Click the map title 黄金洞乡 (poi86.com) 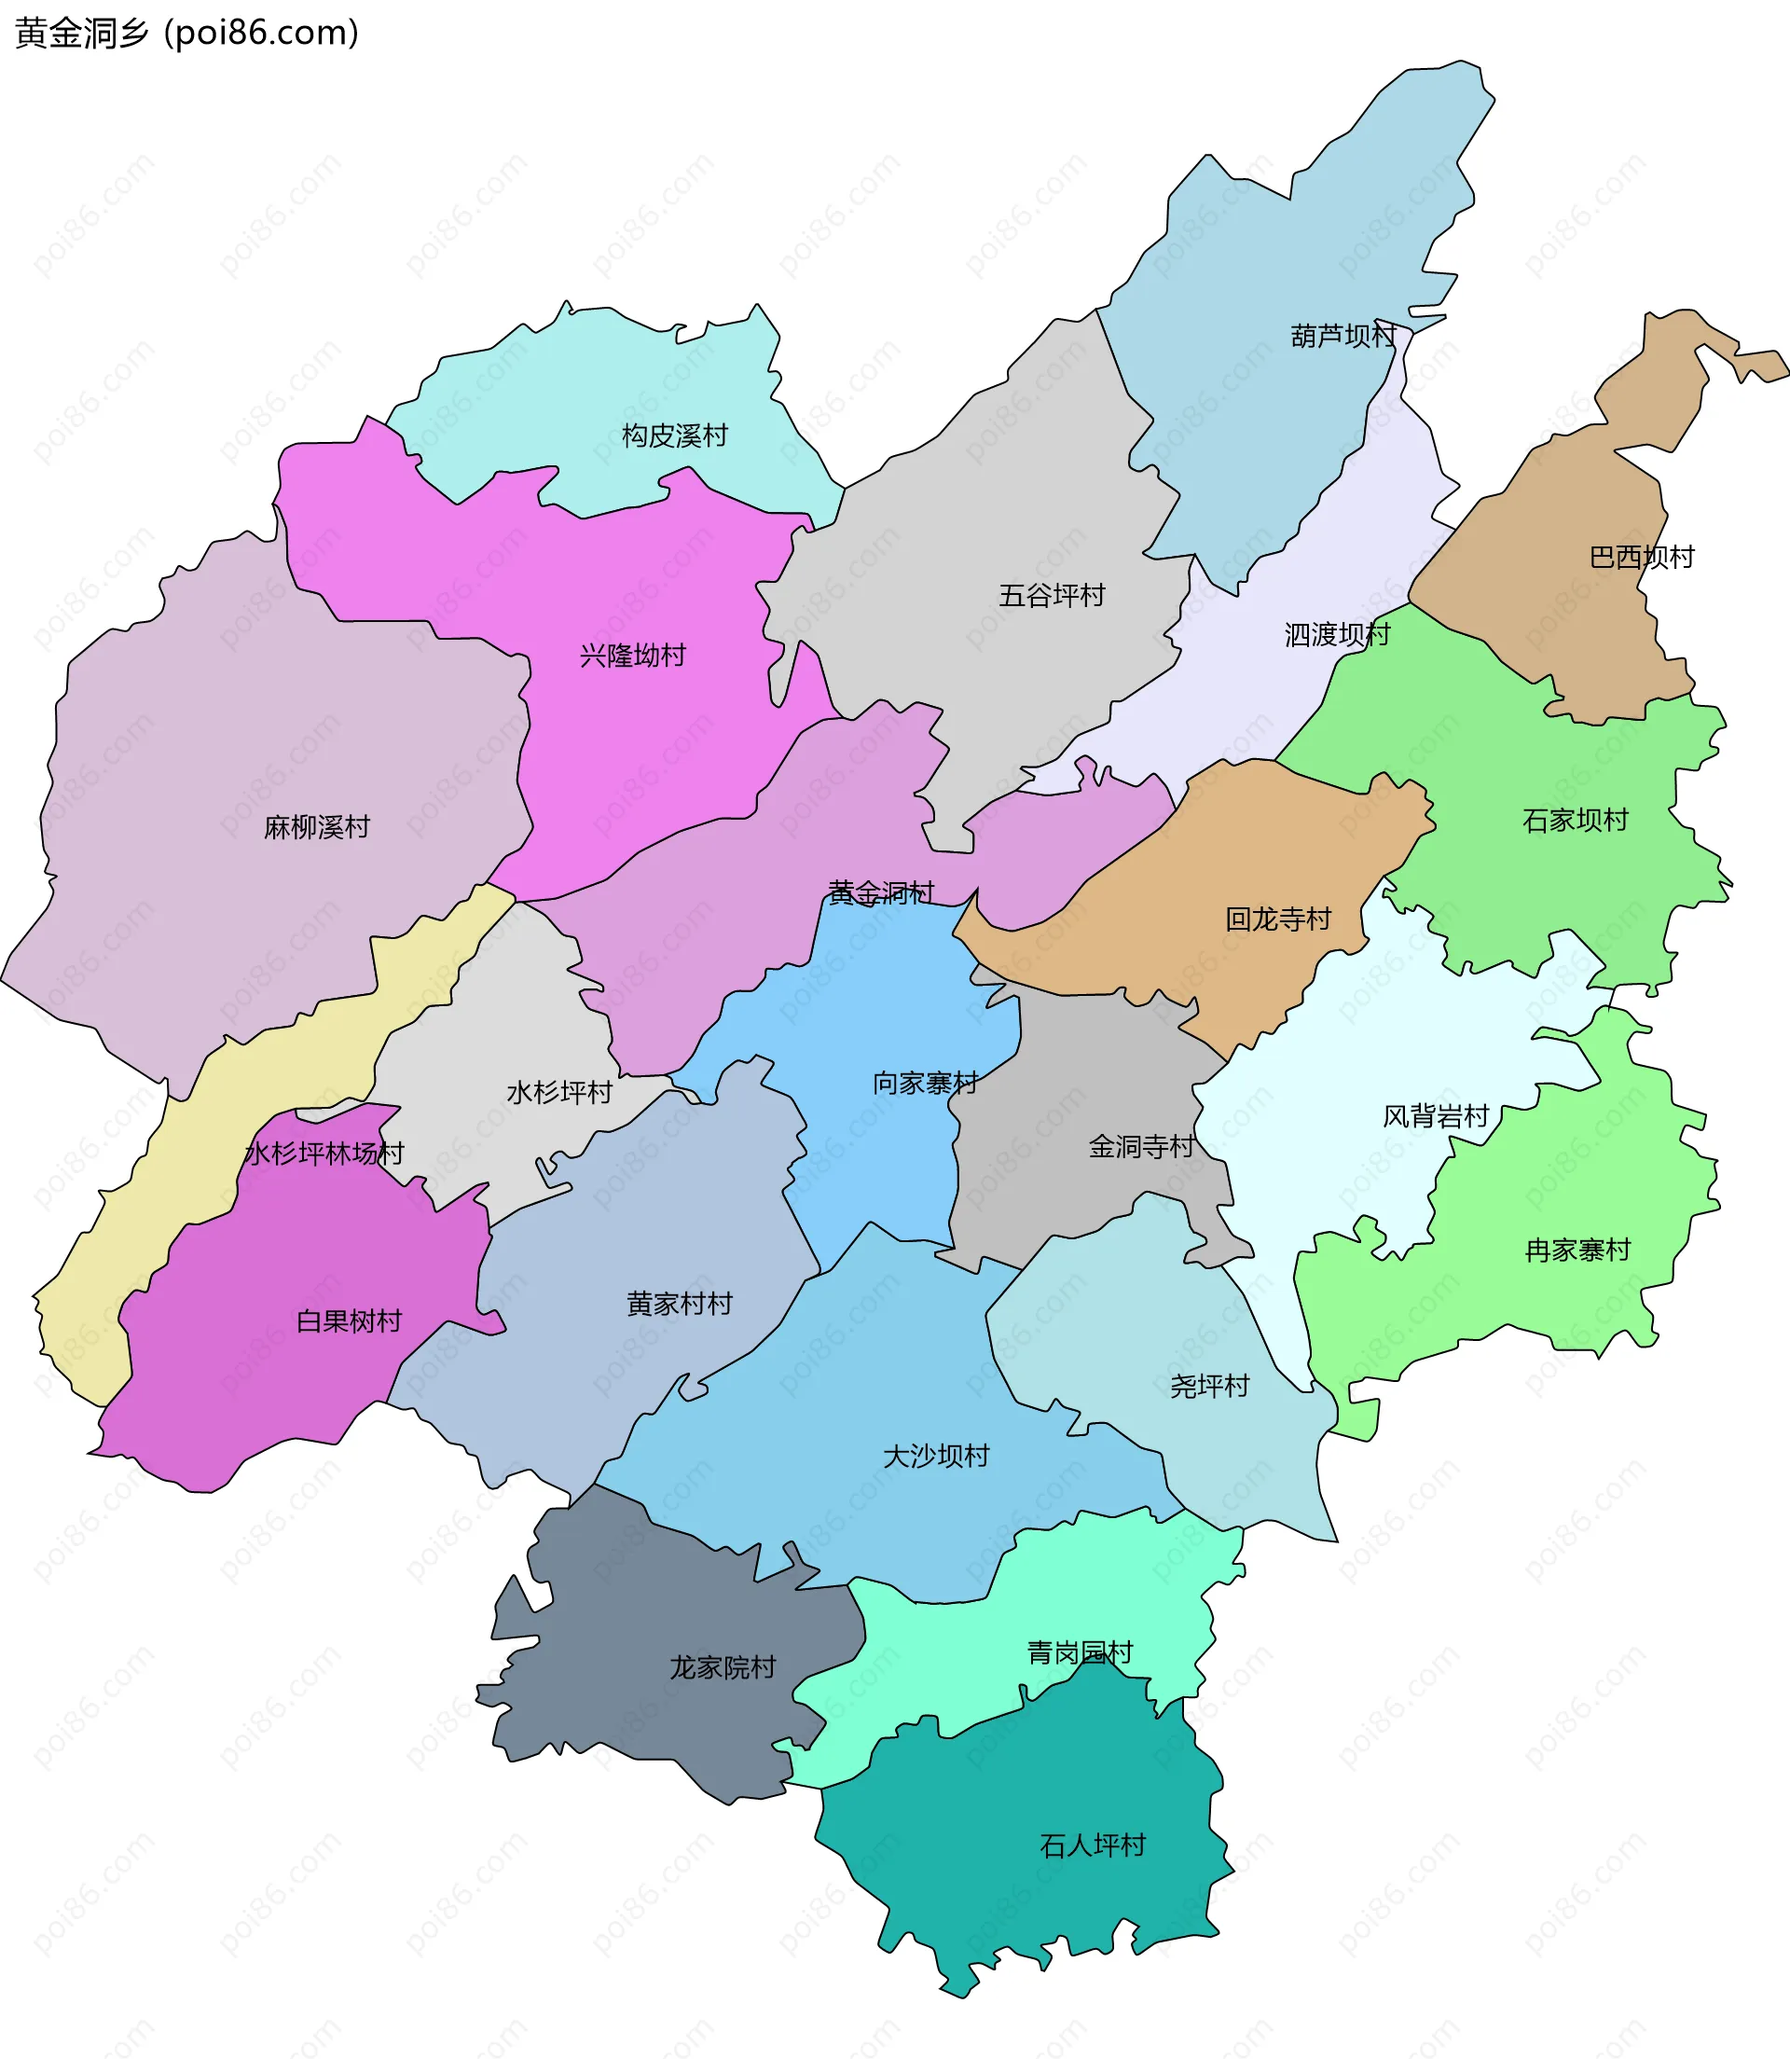186,33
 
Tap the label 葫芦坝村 1342,336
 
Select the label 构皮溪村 674,435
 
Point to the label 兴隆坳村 632,656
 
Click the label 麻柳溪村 317,827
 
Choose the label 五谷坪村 1052,596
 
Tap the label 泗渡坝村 1337,634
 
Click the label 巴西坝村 1641,557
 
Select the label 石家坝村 1575,821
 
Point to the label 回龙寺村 1277,919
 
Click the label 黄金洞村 881,892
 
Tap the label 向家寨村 925,1083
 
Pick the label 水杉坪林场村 324,1154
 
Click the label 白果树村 349,1320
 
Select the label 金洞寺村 1141,1146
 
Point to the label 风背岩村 1436,1116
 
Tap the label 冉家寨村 1577,1250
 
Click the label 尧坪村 1210,1386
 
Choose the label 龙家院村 723,1667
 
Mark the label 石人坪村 1092,1845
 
